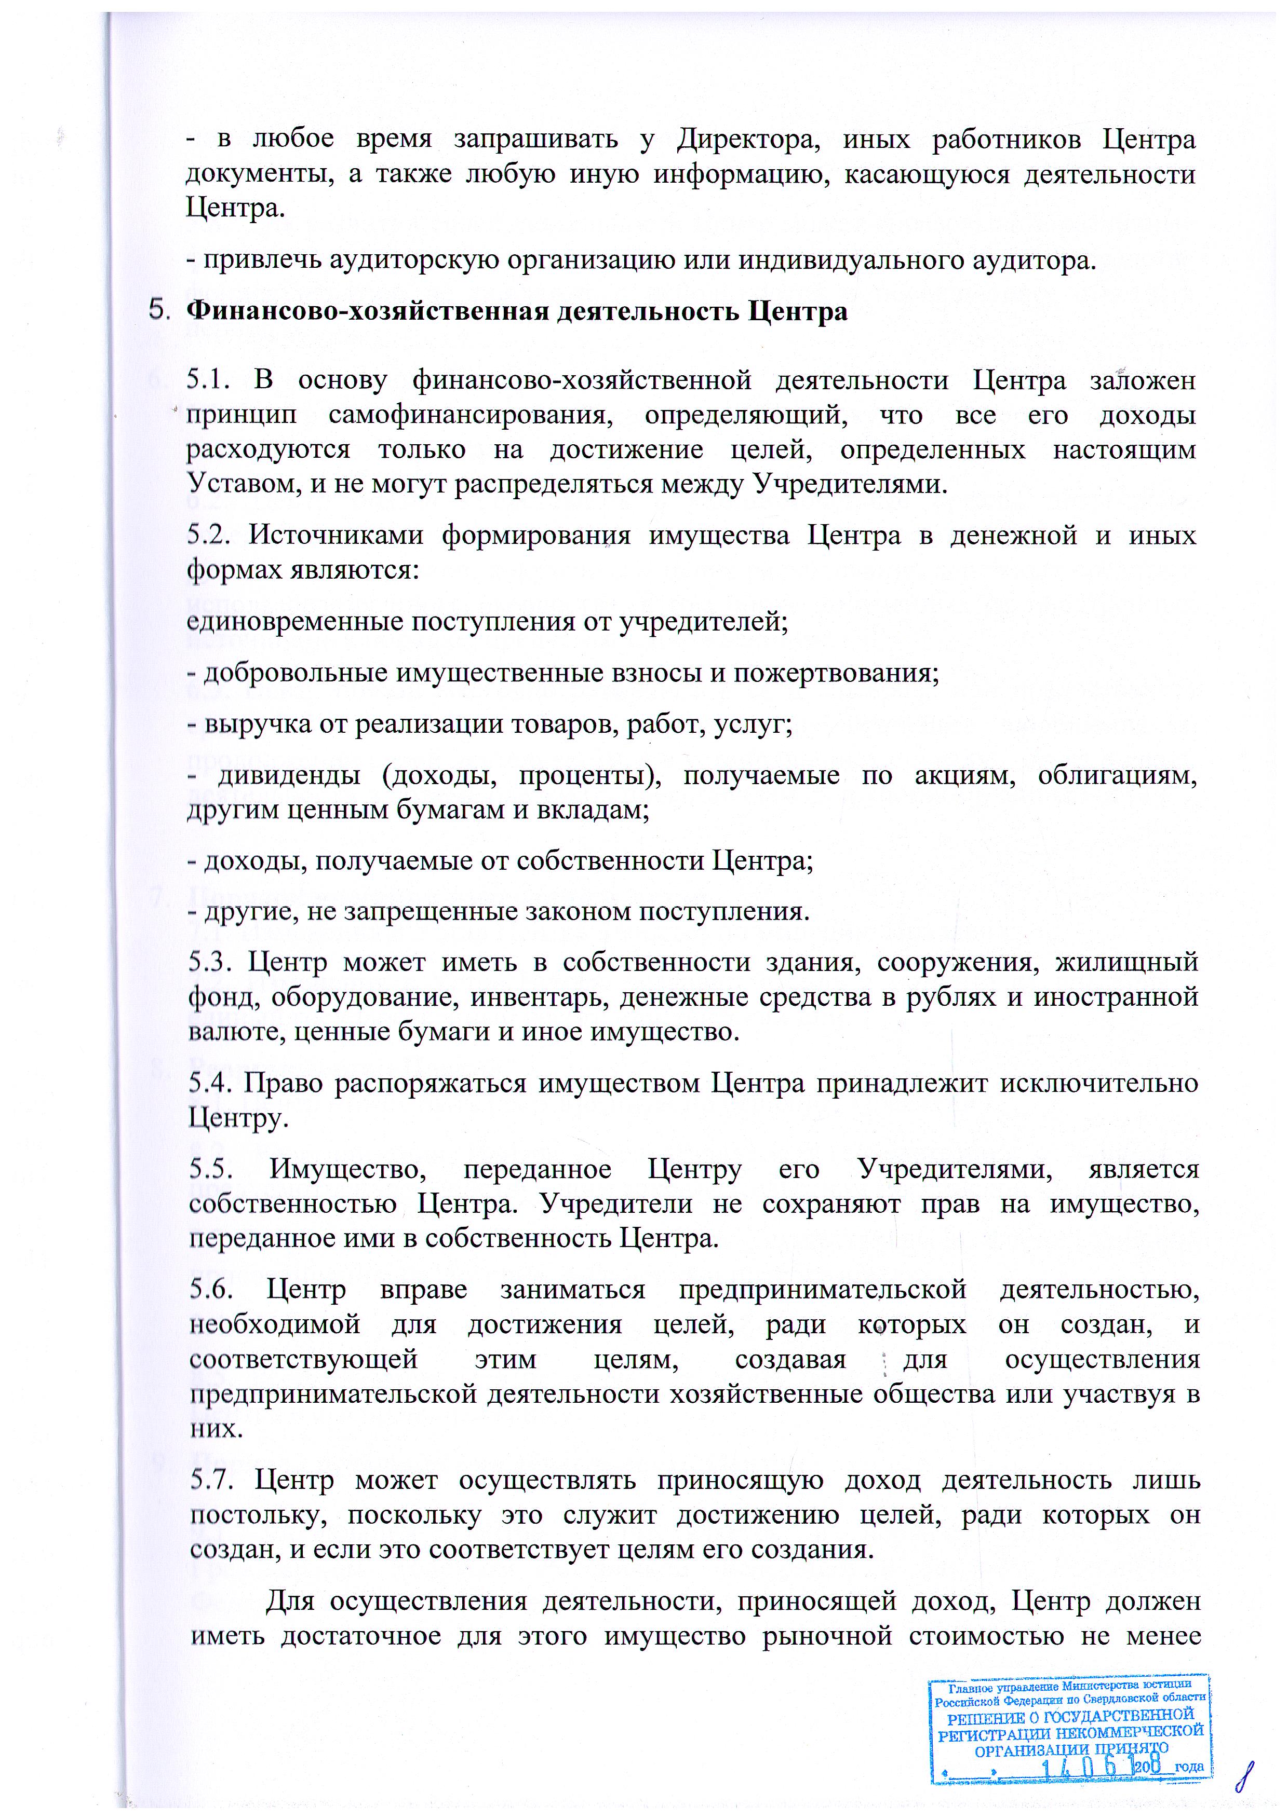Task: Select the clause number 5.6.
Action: pos(211,1290)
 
